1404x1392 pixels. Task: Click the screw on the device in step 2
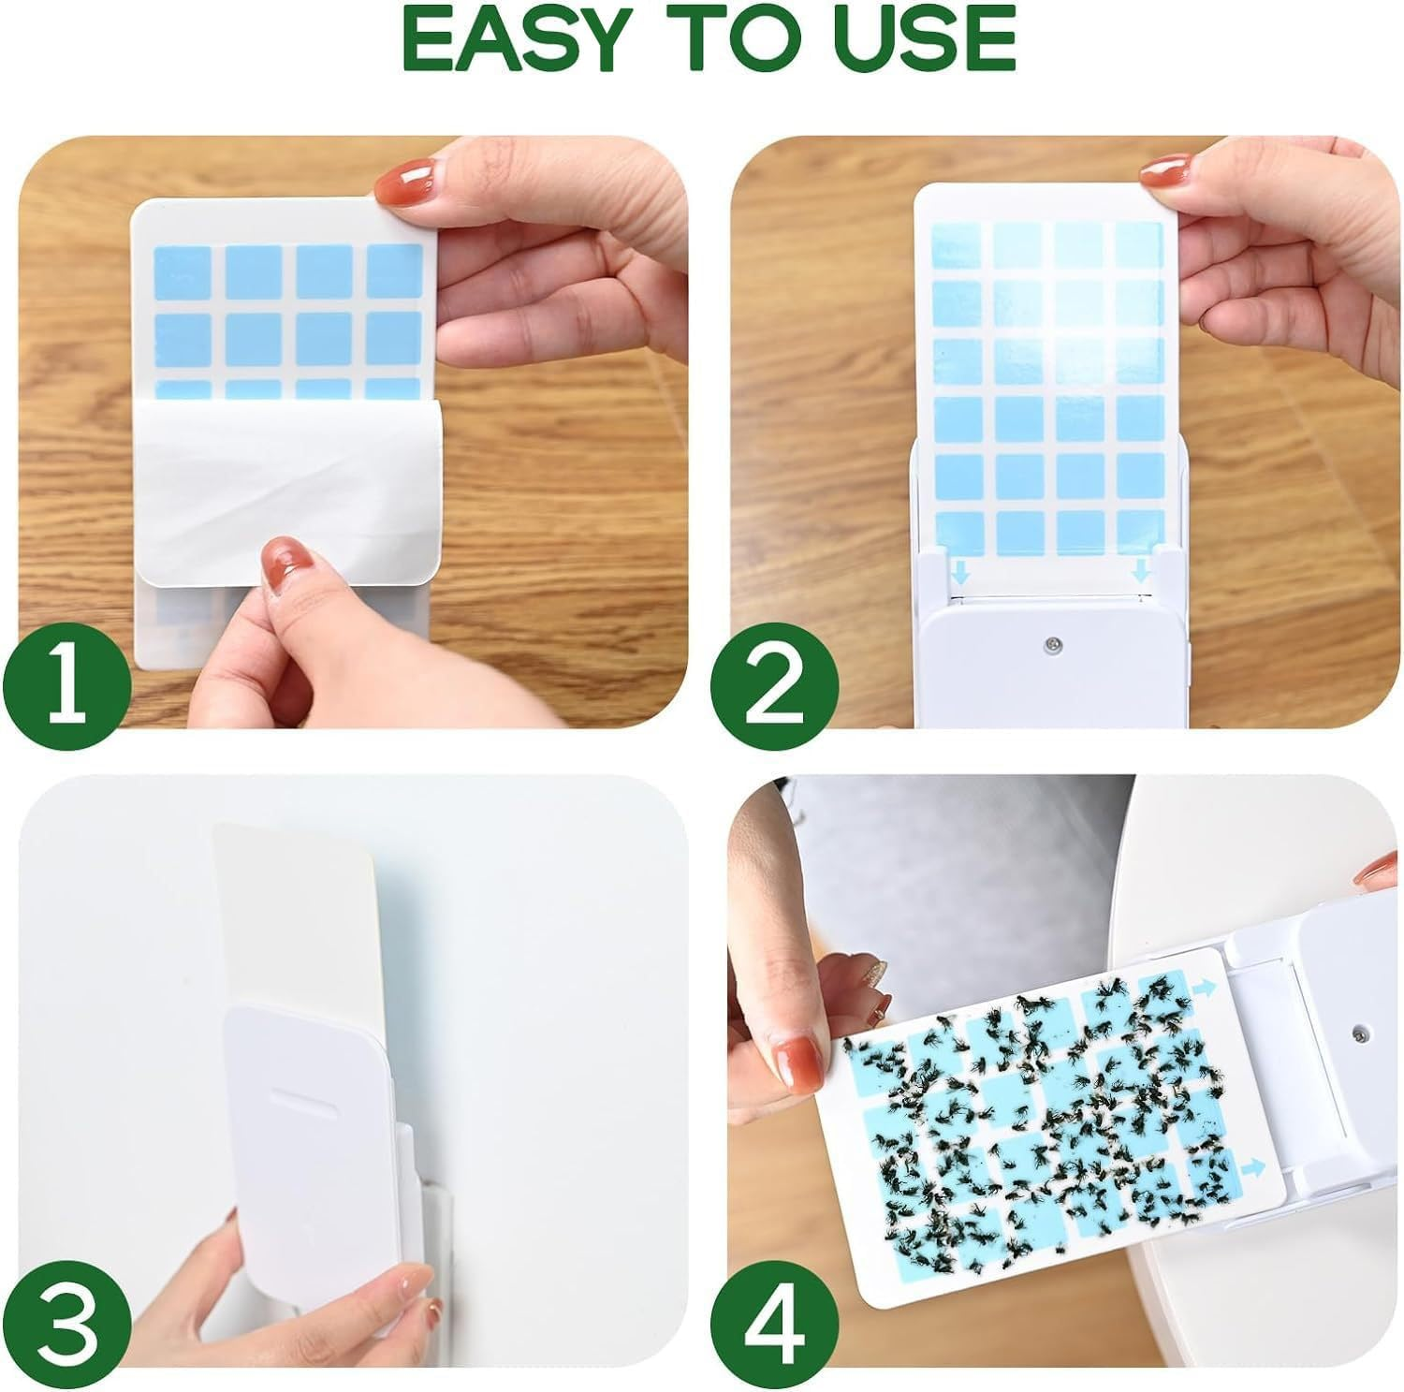pyautogui.click(x=1054, y=643)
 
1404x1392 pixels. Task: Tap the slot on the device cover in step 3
pyautogui.click(x=305, y=1097)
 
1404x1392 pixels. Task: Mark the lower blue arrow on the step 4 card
pyautogui.click(x=1251, y=1168)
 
